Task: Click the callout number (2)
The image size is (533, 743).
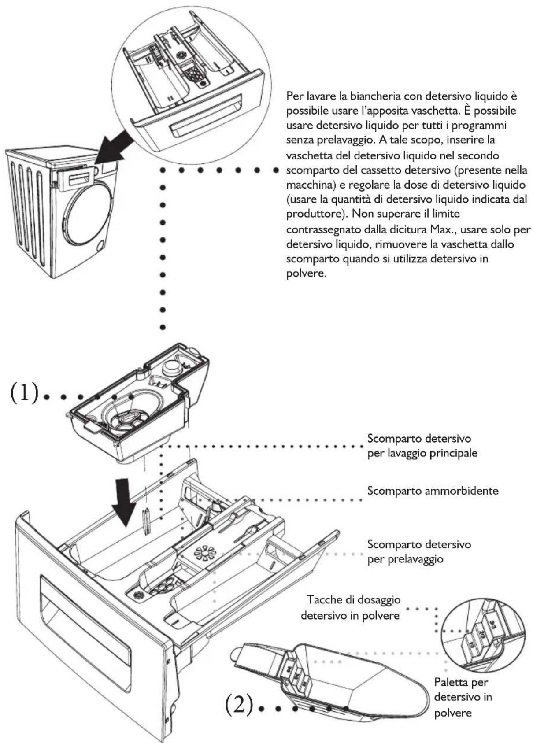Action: (239, 706)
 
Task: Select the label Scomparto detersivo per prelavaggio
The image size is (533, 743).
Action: (419, 551)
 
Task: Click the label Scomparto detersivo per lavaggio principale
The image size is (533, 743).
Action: (422, 445)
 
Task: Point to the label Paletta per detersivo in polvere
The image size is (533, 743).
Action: (463, 697)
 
